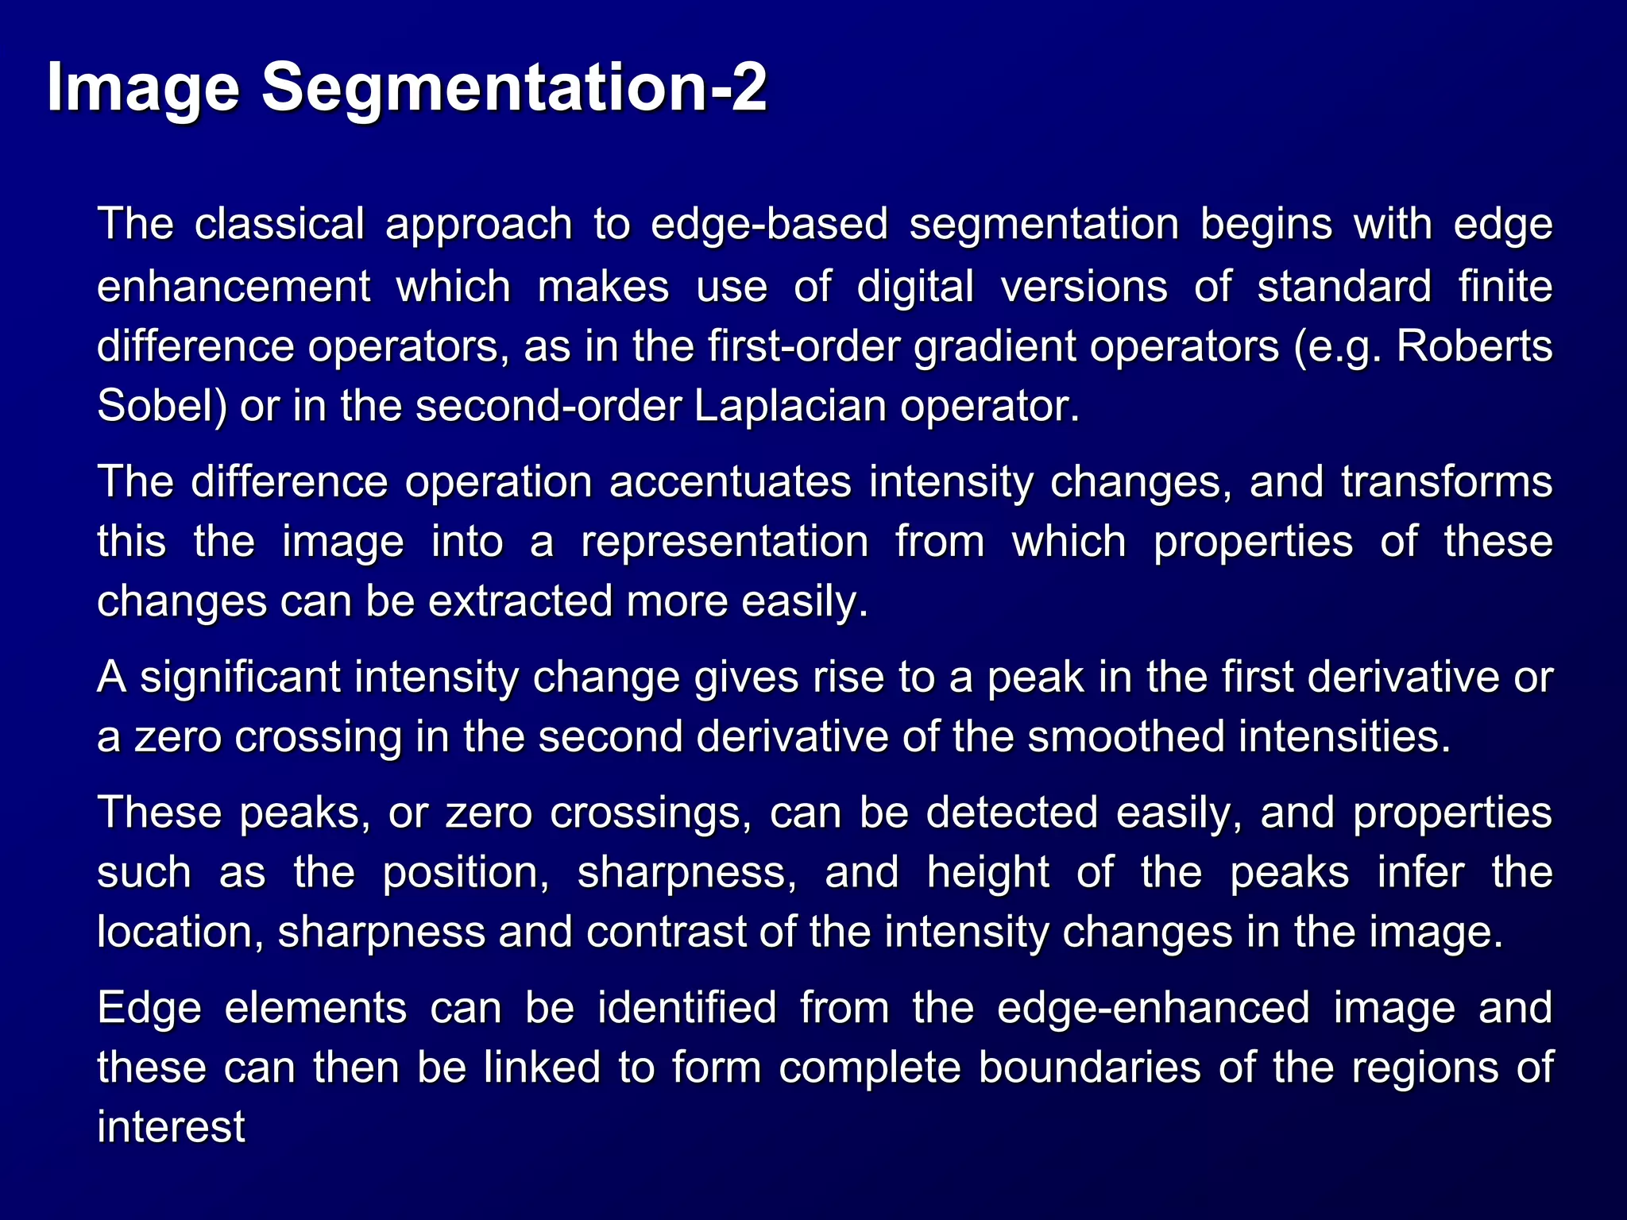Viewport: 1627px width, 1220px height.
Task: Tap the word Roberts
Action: pos(1474,346)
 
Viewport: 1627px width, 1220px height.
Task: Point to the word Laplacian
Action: pos(790,406)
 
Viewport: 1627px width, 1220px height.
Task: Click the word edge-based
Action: pos(769,224)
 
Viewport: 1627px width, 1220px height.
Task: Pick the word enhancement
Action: pos(234,286)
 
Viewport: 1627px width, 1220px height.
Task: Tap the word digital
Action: pos(915,286)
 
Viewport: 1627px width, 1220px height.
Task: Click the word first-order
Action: pos(804,346)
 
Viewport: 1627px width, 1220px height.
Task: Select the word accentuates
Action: pos(730,482)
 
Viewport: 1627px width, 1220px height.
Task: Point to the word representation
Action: pos(725,542)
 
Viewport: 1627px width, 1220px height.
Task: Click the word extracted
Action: pos(520,601)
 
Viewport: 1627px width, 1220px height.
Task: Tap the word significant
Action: pos(240,678)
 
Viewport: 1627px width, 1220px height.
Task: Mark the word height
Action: pos(988,873)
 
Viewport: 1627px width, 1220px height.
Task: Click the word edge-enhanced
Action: pos(1153,1008)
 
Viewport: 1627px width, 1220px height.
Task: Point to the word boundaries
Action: pos(1089,1067)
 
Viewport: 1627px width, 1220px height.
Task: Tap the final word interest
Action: pos(171,1127)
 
